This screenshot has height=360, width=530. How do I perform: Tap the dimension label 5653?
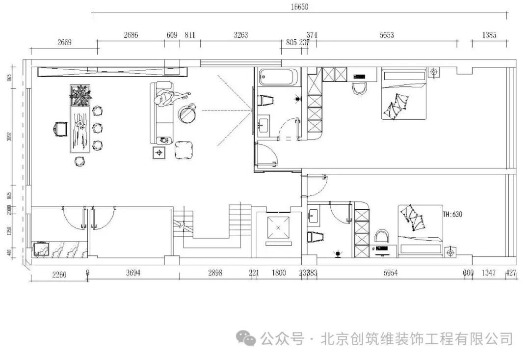387,35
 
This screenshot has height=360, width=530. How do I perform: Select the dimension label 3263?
240,35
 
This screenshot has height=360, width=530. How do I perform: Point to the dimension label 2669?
64,42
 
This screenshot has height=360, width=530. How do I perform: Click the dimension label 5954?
391,273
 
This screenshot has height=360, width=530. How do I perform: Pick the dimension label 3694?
133,273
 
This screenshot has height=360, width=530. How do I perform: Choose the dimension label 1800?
278,273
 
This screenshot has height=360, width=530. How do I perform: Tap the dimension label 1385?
489,35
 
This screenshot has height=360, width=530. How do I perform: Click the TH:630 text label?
452,215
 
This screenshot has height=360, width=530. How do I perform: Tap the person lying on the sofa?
169,98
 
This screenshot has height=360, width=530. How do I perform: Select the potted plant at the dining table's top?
80,94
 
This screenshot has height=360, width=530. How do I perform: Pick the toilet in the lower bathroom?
316,237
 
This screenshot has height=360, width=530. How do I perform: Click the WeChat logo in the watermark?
246,338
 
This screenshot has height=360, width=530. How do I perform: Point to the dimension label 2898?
215,273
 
